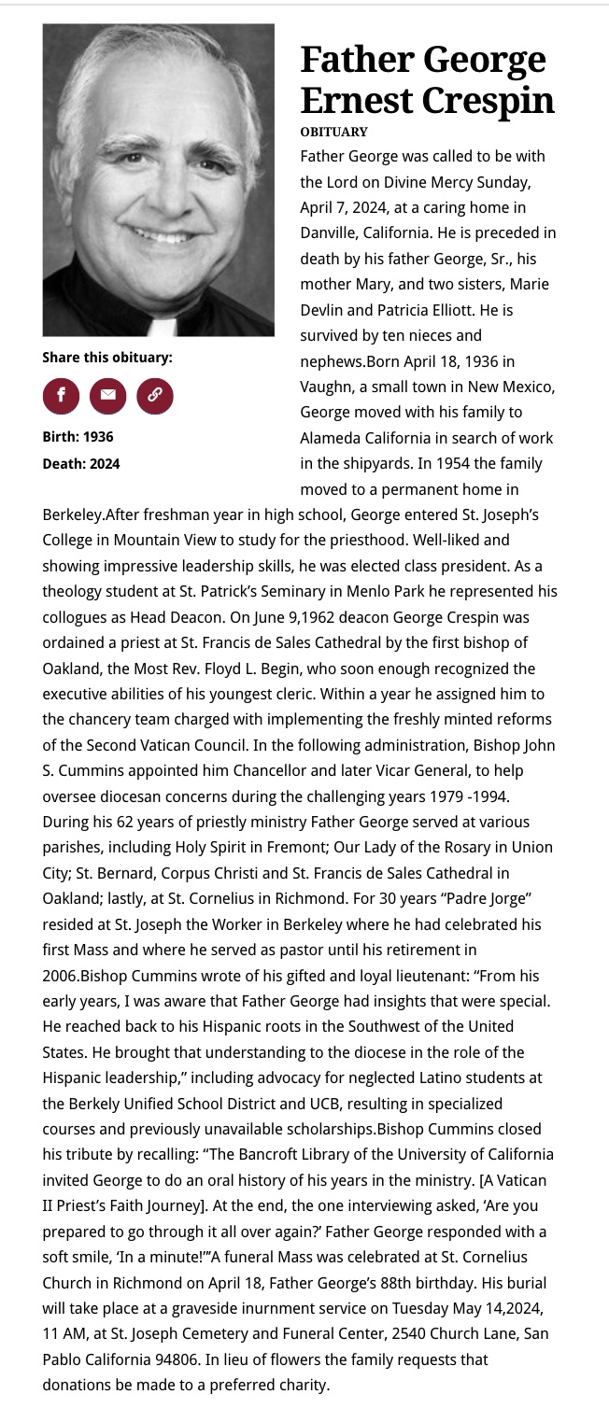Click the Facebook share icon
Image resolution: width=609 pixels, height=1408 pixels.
61,395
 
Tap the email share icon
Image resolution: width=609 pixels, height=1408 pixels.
107,395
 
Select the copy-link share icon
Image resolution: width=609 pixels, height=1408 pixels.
155,395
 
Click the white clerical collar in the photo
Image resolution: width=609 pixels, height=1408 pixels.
163,327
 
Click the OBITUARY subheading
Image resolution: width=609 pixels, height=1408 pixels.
333,132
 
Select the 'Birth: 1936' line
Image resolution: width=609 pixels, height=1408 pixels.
78,436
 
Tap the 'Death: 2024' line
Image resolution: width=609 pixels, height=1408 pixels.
80,463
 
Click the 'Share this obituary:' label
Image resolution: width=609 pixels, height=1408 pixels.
107,357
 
